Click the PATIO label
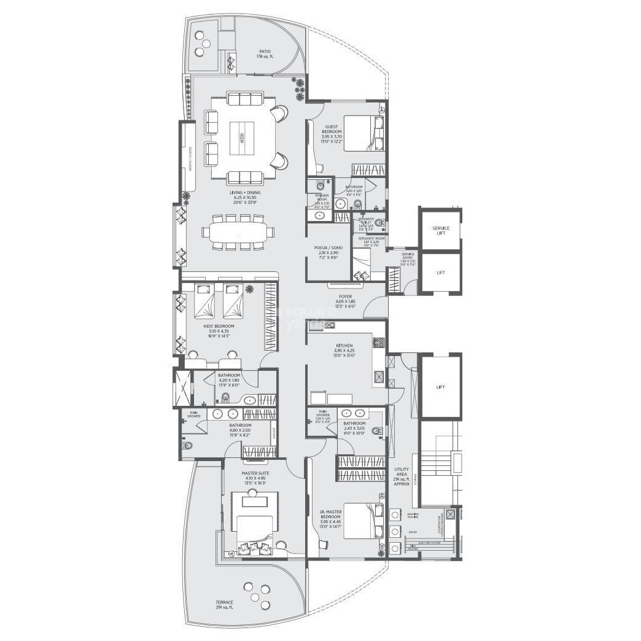point(265,52)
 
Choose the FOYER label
point(346,296)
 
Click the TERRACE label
point(224,602)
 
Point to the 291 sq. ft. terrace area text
point(224,608)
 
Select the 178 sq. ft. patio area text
point(265,57)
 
